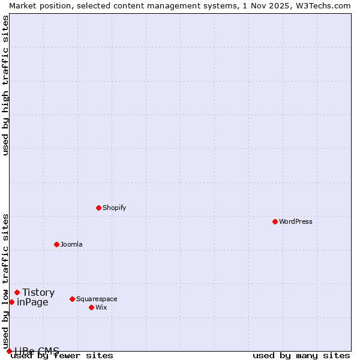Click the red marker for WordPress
275,221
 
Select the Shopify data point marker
98,208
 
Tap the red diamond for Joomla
56,244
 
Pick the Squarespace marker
72,299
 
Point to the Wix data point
91,307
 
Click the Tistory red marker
17,292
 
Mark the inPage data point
11,302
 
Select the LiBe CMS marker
9,351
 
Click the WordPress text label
296,221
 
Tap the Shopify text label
114,208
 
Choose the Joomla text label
71,244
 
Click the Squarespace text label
97,299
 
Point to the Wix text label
101,307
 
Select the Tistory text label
38,292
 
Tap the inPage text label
32,302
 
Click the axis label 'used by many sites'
301,356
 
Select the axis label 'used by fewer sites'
62,356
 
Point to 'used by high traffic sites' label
5,85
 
